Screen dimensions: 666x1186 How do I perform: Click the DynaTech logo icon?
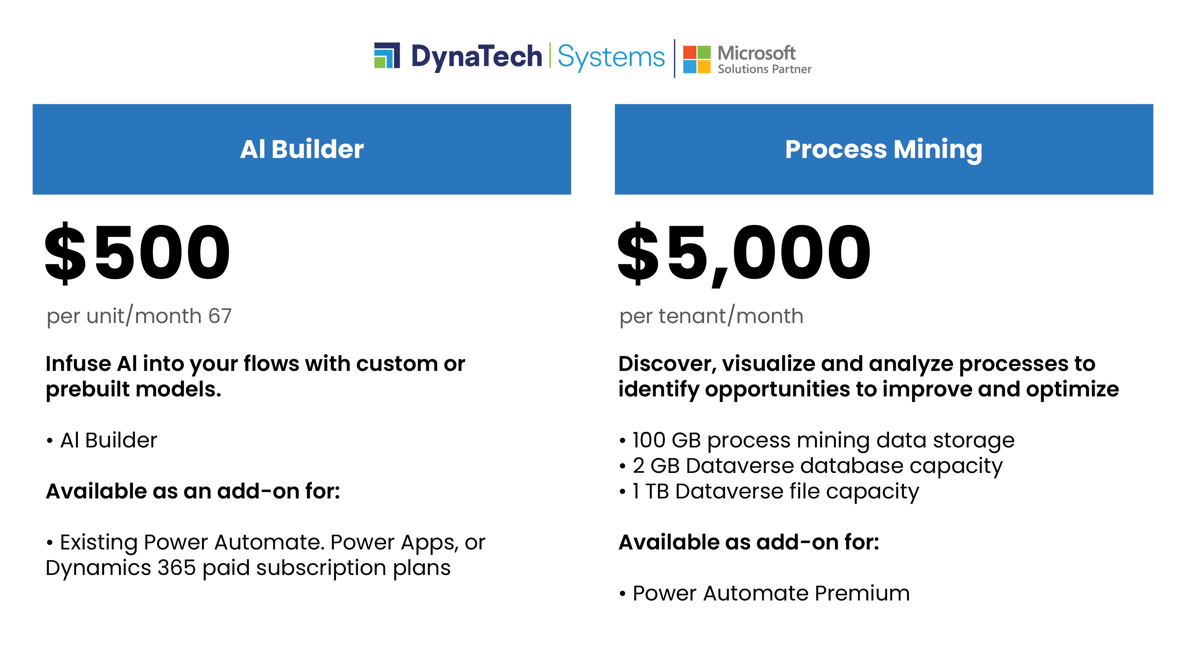point(387,56)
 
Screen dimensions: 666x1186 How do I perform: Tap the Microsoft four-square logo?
point(697,59)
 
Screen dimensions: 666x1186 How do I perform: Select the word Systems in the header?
point(611,57)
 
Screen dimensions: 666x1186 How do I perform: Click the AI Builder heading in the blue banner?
point(302,149)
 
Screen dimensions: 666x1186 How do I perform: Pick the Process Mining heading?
point(884,149)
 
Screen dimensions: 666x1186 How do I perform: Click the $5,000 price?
point(744,253)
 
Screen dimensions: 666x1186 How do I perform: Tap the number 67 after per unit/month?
point(220,316)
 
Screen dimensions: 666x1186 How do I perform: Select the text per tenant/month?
point(711,316)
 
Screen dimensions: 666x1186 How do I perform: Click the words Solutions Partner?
point(764,69)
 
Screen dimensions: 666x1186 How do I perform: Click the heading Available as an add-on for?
point(193,491)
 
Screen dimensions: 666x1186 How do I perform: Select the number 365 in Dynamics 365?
point(176,568)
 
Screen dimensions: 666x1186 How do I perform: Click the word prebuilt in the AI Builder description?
point(87,390)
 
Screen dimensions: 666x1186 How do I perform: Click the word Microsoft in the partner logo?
point(757,53)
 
